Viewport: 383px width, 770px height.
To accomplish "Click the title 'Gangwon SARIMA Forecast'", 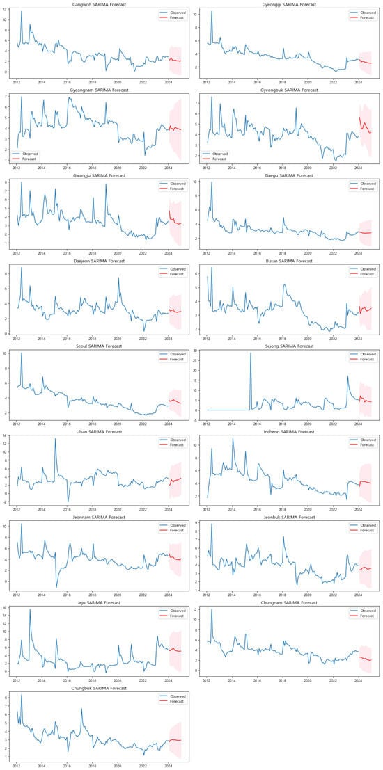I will [97, 3].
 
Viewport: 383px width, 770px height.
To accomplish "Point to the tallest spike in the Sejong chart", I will [251, 353].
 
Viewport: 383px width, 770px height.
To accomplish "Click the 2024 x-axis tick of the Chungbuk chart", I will [168, 764].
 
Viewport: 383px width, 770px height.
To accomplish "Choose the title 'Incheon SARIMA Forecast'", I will [286, 432].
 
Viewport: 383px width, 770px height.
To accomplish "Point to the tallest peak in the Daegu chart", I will [212, 183].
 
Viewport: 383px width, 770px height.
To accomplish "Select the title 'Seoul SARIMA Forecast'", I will [97, 346].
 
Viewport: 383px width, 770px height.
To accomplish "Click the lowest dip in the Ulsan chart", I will [68, 502].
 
